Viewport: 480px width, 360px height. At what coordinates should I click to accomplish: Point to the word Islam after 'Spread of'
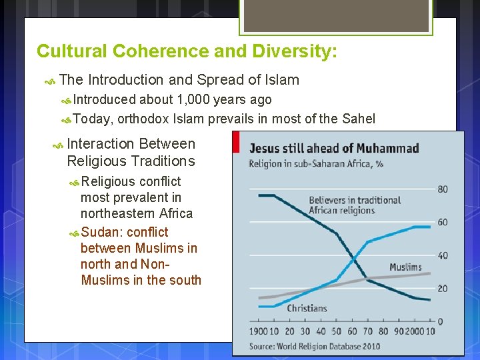tap(283, 80)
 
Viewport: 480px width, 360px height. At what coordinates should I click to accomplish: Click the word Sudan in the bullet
tap(101, 232)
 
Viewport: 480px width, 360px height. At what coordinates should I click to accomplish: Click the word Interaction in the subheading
tap(102, 143)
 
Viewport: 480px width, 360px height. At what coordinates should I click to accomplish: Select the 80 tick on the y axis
tap(443, 189)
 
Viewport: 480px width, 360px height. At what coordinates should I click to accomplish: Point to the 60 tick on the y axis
tap(443, 223)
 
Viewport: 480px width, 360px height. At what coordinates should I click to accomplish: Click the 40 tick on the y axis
tap(443, 256)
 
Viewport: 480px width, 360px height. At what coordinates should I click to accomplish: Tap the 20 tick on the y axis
tap(443, 289)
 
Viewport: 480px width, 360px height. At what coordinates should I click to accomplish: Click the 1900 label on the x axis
tap(259, 331)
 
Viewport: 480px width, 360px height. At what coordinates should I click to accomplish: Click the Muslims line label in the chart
tap(405, 267)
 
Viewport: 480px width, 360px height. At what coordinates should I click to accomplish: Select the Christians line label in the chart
tap(307, 308)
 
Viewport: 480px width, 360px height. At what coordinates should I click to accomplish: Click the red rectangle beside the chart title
tap(236, 142)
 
